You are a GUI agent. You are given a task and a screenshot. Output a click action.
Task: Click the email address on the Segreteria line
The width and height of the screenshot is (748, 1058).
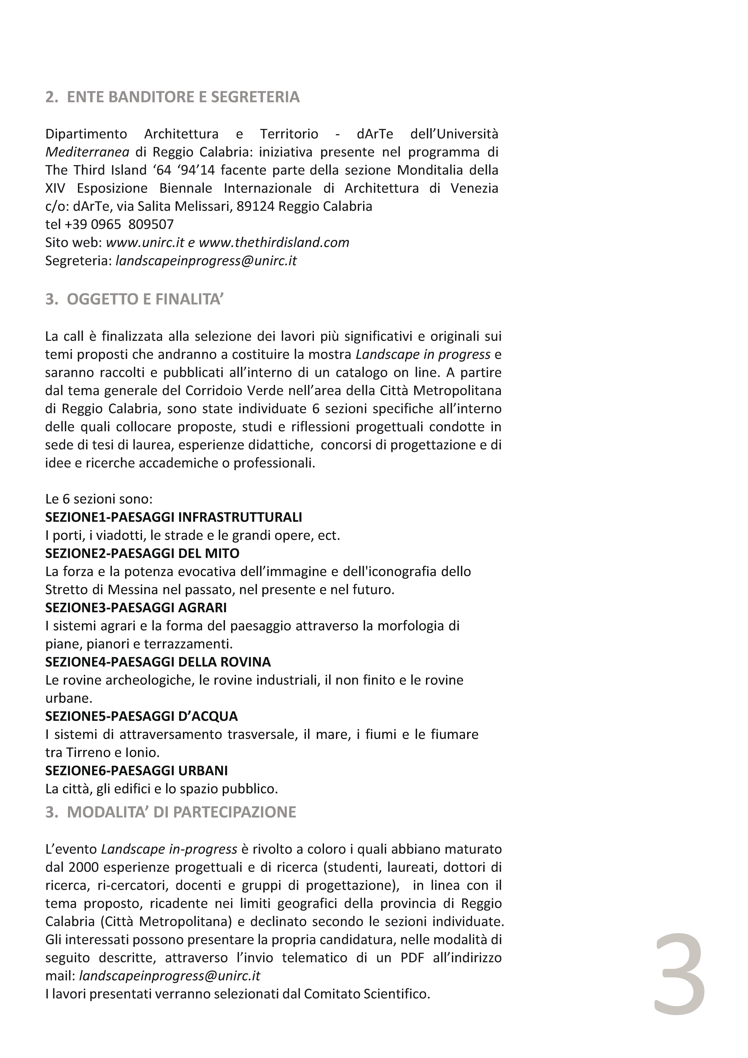[x=206, y=261]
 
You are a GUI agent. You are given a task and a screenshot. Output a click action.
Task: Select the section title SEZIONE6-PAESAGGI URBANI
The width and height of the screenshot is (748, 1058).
[x=136, y=770]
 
